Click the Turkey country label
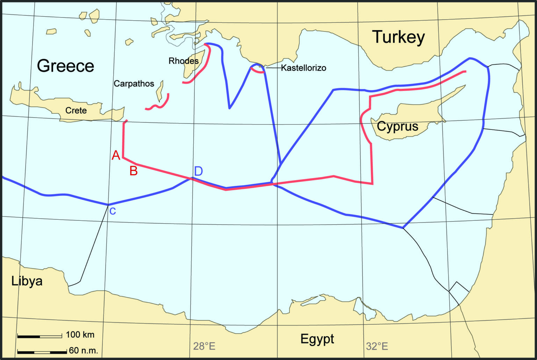tap(398, 37)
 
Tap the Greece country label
tap(66, 66)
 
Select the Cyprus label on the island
tap(398, 126)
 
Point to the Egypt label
tap(317, 339)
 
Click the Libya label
tap(27, 281)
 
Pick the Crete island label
tap(76, 111)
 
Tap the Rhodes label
tap(184, 61)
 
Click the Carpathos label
tap(134, 84)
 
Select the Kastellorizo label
tap(303, 68)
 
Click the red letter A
tap(116, 155)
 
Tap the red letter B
tap(133, 171)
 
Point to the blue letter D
tap(198, 171)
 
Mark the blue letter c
tap(113, 211)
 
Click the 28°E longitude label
tap(204, 346)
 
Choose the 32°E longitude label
tap(377, 346)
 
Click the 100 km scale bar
tap(40, 336)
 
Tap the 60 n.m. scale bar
tap(42, 352)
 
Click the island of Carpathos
tap(160, 91)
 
